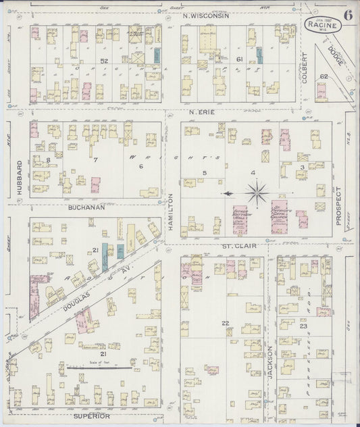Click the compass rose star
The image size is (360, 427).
coord(257,195)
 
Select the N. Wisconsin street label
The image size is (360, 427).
coord(206,16)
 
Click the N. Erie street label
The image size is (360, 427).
coord(201,112)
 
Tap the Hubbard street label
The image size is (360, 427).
coord(20,174)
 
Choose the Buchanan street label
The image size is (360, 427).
coord(86,208)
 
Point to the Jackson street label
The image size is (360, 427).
coord(269,362)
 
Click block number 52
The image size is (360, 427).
coord(104,61)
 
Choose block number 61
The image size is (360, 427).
coord(239,59)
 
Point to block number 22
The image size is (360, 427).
coord(226,323)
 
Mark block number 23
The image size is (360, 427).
coord(304,326)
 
